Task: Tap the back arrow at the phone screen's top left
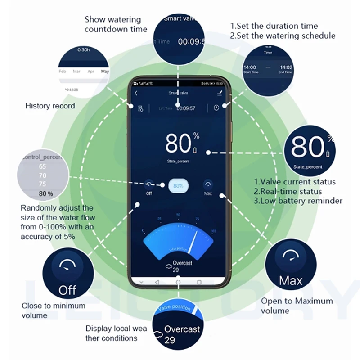(x=136, y=94)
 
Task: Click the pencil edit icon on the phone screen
(x=220, y=93)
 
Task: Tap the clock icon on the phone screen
(x=217, y=108)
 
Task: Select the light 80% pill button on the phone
(x=178, y=185)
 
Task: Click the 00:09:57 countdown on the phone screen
(x=186, y=108)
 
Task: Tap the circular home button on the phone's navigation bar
(x=178, y=282)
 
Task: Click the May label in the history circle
(x=105, y=72)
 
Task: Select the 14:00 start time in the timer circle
(x=250, y=67)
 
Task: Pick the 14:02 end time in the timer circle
(x=285, y=67)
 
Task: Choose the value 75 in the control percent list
(x=43, y=184)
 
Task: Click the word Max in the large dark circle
(x=291, y=281)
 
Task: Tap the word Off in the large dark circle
(x=67, y=290)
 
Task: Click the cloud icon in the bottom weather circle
(x=158, y=335)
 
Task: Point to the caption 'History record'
(x=50, y=106)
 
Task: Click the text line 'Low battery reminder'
(x=298, y=201)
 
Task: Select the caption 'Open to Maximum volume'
(x=297, y=306)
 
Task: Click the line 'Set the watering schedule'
(x=283, y=36)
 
